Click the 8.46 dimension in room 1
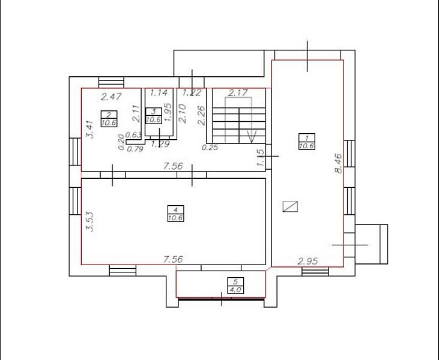coord(339,163)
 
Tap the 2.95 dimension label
coord(307,261)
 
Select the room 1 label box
coord(307,142)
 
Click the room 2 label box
coord(109,119)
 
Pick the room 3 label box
coord(154,116)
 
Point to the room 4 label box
coord(175,214)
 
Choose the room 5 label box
coord(235,286)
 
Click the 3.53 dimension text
coord(91,222)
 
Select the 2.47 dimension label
coord(111,97)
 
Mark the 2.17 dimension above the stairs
coord(238,92)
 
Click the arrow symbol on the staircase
coord(252,137)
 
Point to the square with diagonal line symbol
coord(290,207)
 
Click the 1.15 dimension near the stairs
coord(261,158)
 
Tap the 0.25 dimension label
coord(210,148)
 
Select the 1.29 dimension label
coord(160,144)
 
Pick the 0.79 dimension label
coord(135,149)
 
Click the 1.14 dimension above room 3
coord(159,92)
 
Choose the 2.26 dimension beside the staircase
coord(202,115)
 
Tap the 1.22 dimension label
coord(192,92)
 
